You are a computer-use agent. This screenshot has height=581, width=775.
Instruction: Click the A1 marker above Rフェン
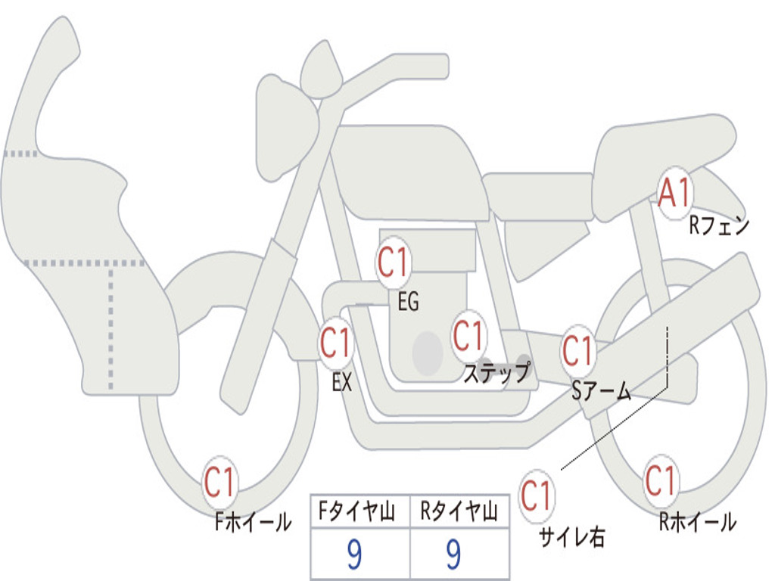(x=674, y=195)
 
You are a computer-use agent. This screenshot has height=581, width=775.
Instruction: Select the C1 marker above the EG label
(x=393, y=263)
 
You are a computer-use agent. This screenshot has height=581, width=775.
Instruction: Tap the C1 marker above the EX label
(x=335, y=343)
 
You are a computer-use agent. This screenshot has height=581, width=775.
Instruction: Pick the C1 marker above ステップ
(x=468, y=334)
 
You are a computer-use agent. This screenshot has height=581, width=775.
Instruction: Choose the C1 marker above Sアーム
(x=578, y=350)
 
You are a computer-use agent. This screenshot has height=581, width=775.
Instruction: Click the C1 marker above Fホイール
(x=220, y=482)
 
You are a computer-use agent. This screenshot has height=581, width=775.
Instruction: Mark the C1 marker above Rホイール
(x=660, y=480)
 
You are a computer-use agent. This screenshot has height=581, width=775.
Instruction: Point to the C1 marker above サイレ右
(x=536, y=496)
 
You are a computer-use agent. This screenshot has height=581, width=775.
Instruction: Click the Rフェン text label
(x=718, y=225)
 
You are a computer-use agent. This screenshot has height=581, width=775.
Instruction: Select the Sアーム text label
(x=602, y=390)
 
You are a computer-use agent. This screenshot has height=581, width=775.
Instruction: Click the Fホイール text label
(x=253, y=521)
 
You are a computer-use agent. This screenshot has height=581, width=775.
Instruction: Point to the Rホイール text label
(x=697, y=521)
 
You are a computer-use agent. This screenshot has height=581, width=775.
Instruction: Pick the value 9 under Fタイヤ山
(x=353, y=555)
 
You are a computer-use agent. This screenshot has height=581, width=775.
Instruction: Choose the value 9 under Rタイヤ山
(x=453, y=555)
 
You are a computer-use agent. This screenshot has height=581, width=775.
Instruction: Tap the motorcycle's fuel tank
(x=409, y=170)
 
